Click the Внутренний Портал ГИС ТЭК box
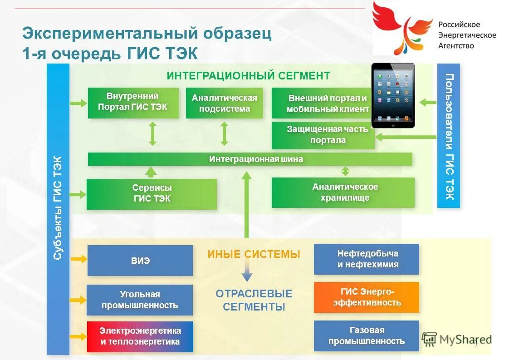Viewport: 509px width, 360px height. (x=133, y=103)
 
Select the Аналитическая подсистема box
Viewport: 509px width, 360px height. (x=224, y=103)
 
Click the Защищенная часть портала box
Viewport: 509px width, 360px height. (x=323, y=135)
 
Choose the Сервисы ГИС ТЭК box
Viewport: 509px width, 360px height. (x=152, y=194)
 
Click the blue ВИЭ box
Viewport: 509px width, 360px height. (x=140, y=261)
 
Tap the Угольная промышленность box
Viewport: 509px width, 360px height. (x=140, y=300)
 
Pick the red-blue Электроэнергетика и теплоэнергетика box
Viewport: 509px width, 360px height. (x=140, y=337)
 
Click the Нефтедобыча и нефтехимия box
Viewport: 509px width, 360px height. (x=367, y=259)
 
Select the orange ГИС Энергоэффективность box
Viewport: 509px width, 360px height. (x=367, y=297)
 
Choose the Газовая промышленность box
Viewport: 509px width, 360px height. (x=367, y=336)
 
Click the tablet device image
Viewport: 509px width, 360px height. (x=393, y=96)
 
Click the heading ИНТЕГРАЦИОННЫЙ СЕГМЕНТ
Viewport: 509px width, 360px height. (x=248, y=76)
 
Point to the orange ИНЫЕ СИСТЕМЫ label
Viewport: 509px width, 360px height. (x=254, y=254)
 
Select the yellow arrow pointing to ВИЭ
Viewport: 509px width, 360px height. (x=78, y=259)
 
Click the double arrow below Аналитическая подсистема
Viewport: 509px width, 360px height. (x=224, y=133)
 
